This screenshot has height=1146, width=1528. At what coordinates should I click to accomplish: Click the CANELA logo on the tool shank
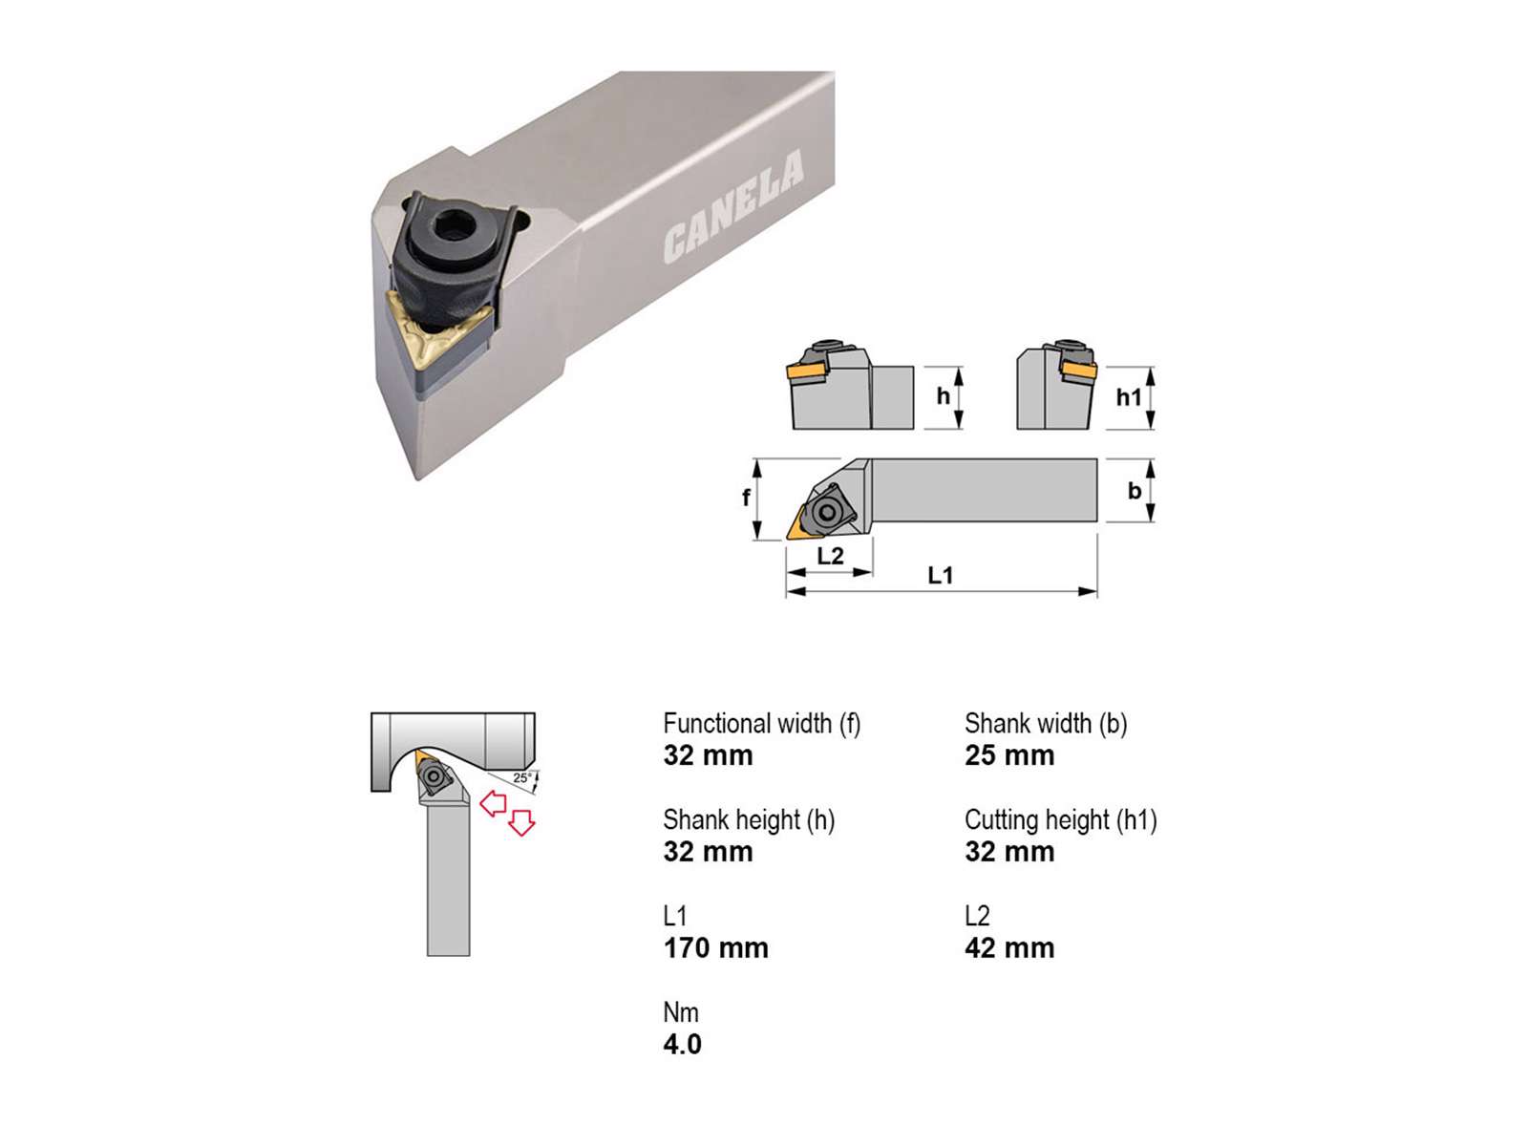click(733, 206)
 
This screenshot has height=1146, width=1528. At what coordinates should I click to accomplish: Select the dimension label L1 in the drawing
click(941, 575)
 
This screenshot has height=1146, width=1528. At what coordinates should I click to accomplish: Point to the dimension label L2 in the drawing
click(831, 555)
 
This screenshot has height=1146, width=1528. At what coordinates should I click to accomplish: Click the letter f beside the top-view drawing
click(746, 497)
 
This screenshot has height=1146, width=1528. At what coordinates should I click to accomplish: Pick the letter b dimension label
click(1135, 491)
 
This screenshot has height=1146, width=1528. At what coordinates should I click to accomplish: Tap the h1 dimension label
click(1129, 397)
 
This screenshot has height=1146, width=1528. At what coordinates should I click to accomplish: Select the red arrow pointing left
click(493, 803)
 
